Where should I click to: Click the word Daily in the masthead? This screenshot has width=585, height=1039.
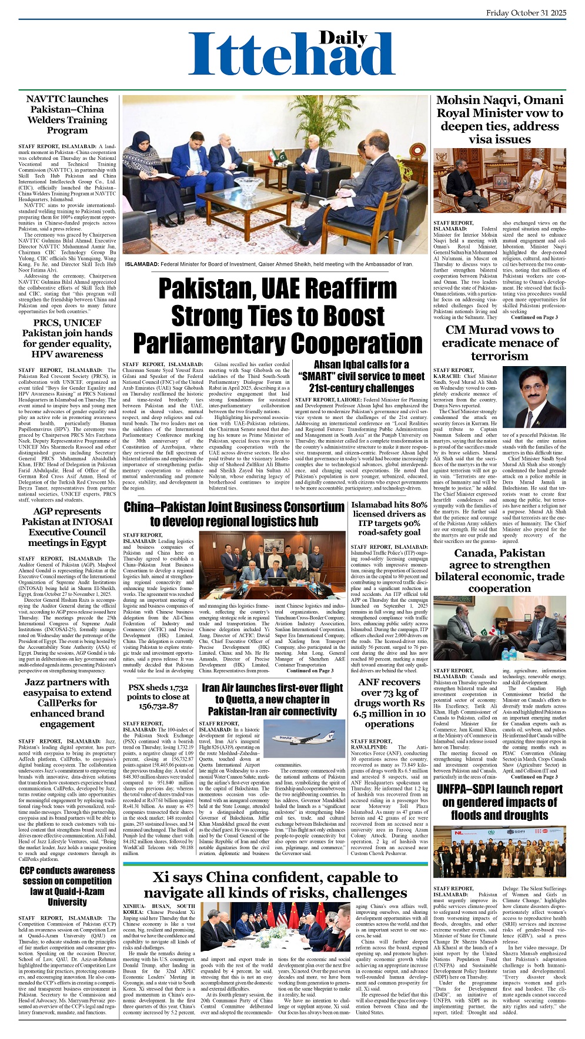(x=343, y=38)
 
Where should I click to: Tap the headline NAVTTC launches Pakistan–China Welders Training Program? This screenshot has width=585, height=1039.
(x=67, y=115)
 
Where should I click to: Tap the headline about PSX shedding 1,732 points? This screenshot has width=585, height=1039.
(x=158, y=696)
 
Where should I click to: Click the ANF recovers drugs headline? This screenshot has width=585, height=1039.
(x=389, y=703)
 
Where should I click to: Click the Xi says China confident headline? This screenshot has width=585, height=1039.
(x=275, y=885)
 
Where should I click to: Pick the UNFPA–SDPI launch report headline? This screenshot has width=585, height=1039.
(x=499, y=802)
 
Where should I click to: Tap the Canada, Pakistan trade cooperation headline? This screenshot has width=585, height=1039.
(x=499, y=570)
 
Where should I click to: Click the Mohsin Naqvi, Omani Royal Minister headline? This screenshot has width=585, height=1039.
(x=499, y=119)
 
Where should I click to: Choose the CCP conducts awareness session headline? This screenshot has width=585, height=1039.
(x=67, y=886)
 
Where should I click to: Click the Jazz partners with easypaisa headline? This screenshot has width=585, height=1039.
(x=67, y=703)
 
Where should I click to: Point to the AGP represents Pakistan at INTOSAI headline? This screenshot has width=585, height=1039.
(x=67, y=527)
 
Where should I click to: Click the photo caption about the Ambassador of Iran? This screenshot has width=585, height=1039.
(x=269, y=264)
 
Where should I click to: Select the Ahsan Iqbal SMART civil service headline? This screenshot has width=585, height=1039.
(x=361, y=377)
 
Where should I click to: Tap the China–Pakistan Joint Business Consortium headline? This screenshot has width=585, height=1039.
(x=234, y=514)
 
